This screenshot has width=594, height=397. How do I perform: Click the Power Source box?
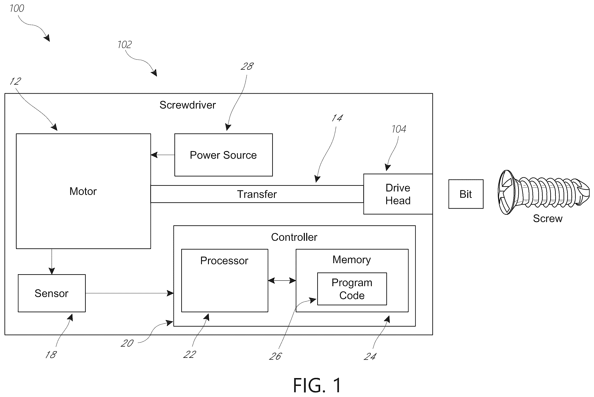223,155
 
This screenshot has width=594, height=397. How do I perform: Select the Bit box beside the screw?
466,194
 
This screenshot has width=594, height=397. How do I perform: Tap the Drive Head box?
398,194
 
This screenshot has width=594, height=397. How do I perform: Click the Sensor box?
52,293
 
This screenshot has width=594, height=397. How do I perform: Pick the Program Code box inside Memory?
352,289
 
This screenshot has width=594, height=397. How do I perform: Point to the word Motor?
83,191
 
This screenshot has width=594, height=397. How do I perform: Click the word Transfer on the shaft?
257,194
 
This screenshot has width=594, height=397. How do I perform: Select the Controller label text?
294,237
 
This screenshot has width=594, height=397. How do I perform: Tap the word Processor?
224,261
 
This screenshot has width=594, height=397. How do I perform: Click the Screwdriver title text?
188,105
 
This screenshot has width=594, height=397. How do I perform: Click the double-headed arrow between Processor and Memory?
282,280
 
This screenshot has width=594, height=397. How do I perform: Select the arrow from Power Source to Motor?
163,155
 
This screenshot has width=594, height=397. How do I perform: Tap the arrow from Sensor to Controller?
129,293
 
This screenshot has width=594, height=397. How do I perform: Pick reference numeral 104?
399,129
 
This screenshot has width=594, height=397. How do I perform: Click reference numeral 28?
247,66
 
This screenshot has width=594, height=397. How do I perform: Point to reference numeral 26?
275,356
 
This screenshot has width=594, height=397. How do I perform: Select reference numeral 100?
17,8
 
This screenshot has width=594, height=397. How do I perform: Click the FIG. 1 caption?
317,385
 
